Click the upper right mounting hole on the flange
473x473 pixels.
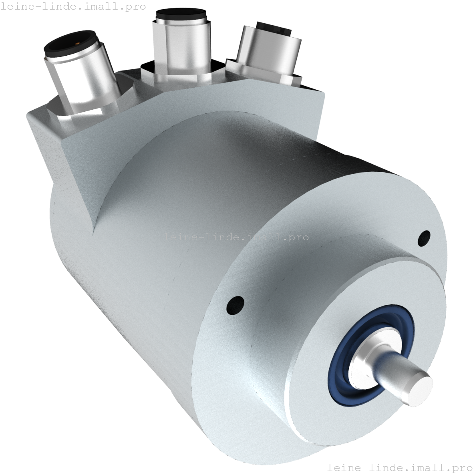click(x=423, y=238)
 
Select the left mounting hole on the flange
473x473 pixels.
click(x=235, y=306)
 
